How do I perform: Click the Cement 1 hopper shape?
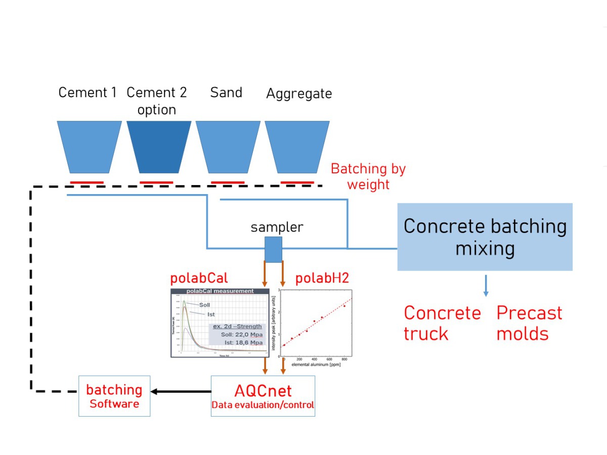pyautogui.click(x=89, y=147)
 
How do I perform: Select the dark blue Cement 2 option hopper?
pyautogui.click(x=158, y=147)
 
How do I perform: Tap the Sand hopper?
pyautogui.click(x=228, y=147)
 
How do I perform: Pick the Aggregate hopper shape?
pyautogui.click(x=297, y=147)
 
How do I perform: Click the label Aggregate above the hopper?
pyautogui.click(x=299, y=94)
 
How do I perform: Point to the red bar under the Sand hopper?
pyautogui.click(x=228, y=182)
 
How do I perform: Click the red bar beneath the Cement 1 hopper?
pyautogui.click(x=87, y=182)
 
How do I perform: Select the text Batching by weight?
pyautogui.click(x=368, y=176)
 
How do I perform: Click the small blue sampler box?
pyautogui.click(x=273, y=249)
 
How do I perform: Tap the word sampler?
pyautogui.click(x=277, y=227)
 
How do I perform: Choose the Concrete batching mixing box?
pyautogui.click(x=485, y=237)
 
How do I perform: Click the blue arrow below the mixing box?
pyautogui.click(x=486, y=286)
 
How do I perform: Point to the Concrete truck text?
pyautogui.click(x=442, y=323)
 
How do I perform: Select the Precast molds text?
pyautogui.click(x=529, y=323)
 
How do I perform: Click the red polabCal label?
pyautogui.click(x=199, y=279)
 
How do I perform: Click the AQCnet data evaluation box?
pyautogui.click(x=263, y=396)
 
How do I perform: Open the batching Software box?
pyautogui.click(x=114, y=396)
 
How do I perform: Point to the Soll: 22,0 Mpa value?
pyautogui.click(x=242, y=335)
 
